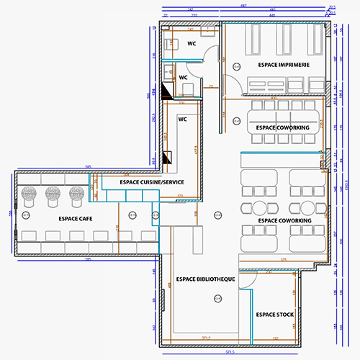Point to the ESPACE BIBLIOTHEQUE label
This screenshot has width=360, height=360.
coord(206,279)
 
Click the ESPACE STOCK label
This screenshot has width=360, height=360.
coord(274,315)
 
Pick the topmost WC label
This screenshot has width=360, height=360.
coord(192,44)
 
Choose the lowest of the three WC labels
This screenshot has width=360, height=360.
coord(183,119)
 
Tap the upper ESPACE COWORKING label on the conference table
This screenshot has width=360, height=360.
coord(282,127)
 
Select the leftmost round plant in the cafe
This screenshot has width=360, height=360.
coord(30,193)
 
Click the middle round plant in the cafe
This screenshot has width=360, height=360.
coord(53,193)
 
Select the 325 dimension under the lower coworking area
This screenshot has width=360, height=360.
coord(284,259)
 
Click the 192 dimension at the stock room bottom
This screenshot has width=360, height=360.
coord(275,338)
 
